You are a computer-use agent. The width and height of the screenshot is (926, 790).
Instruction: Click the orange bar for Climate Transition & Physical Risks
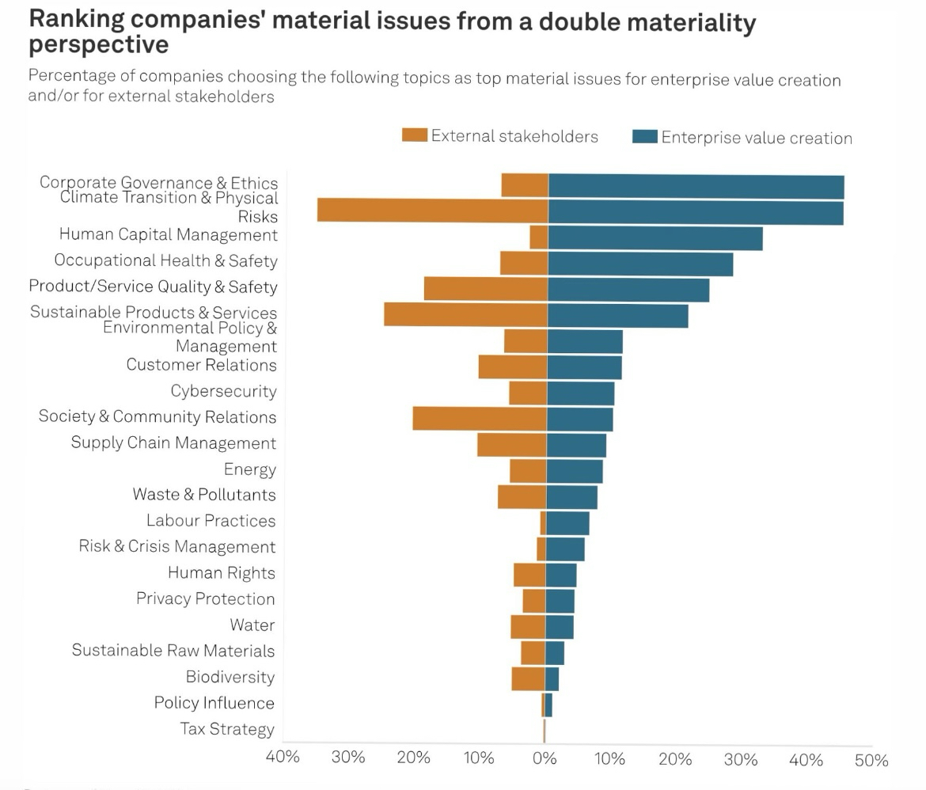(x=432, y=211)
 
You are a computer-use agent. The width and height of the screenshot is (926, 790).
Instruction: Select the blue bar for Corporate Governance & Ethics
(x=696, y=187)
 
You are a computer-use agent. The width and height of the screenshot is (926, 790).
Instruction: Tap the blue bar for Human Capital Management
(x=655, y=238)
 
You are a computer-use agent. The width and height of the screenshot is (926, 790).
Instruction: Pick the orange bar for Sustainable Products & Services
(x=465, y=314)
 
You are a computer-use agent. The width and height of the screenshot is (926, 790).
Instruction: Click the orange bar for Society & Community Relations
(x=480, y=419)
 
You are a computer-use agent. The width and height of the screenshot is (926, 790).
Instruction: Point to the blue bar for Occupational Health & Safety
(x=639, y=264)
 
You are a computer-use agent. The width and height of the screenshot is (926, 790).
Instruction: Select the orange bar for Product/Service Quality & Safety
(x=485, y=289)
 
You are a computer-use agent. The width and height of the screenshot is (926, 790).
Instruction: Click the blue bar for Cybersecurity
(x=580, y=393)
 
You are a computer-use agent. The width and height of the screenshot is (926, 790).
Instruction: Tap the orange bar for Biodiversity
(x=528, y=679)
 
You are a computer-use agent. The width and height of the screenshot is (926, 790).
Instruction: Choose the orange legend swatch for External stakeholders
(x=415, y=135)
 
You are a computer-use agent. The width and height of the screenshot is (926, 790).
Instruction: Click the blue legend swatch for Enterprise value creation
(x=645, y=137)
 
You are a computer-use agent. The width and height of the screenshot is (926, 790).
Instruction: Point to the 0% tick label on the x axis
(x=545, y=758)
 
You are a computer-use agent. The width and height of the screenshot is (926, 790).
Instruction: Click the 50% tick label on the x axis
(x=871, y=761)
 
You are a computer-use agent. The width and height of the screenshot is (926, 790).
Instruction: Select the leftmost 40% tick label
(x=283, y=757)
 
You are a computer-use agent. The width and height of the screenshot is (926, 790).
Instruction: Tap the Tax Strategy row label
(x=227, y=729)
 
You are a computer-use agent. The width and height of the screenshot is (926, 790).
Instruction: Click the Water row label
(x=252, y=625)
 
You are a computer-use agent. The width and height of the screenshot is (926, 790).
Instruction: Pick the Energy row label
(x=250, y=469)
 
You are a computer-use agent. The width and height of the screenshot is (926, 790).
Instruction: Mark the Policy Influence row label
(x=214, y=703)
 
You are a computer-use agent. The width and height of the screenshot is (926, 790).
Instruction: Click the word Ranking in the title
(x=78, y=21)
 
